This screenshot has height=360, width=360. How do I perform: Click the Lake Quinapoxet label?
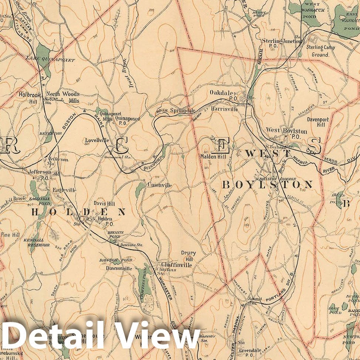click(x=50, y=60)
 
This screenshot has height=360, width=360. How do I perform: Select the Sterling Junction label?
click(x=282, y=41)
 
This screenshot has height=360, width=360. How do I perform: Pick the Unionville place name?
click(x=159, y=185)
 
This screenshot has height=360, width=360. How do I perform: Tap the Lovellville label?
click(x=97, y=140)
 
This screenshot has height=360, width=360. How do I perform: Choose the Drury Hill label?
click(x=188, y=256)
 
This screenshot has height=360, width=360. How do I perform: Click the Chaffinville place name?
click(x=176, y=265)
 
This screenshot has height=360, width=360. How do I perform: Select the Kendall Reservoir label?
click(x=33, y=242)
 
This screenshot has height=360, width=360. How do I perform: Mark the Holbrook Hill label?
click(x=29, y=97)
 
